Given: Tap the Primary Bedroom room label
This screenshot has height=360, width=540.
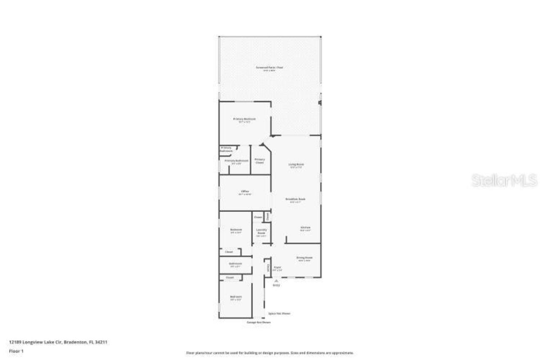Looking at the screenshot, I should [244, 119].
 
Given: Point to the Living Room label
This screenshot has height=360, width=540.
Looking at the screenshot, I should [296, 164].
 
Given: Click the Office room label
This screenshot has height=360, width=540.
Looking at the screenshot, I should [245, 191].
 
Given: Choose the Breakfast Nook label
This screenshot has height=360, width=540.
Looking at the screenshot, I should [295, 199].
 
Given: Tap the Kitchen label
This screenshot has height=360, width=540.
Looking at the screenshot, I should [305, 227].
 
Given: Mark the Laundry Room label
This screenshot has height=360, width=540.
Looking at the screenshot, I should [262, 231].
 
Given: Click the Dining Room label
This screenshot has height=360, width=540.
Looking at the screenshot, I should [304, 257].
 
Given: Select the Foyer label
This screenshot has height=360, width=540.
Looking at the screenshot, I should [277, 267].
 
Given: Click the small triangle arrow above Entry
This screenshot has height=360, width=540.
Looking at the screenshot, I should [276, 281].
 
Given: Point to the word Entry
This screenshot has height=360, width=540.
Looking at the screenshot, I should [276, 286].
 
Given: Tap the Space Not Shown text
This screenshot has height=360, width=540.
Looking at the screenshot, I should [279, 314].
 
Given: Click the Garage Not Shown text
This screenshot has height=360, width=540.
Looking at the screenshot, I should [259, 322].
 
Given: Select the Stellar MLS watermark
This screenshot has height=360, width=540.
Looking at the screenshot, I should [504, 180].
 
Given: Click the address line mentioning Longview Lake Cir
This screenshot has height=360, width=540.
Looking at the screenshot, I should [58, 342].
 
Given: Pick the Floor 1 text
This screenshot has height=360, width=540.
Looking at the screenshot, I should [16, 351].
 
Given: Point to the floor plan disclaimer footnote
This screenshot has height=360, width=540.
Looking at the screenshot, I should [270, 353].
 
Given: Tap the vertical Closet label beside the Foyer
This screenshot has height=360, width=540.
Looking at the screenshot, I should [267, 268].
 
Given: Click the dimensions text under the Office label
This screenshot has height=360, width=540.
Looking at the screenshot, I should [245, 195].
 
